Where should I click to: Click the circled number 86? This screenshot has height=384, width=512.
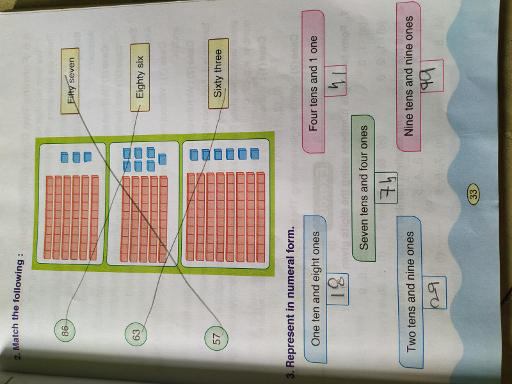pos(65,330)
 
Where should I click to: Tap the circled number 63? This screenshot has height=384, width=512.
pos(136,333)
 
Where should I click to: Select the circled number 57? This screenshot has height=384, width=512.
pos(216,338)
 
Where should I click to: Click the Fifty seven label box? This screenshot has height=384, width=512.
pos(70,81)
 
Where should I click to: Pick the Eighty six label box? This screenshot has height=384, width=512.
pos(140,77)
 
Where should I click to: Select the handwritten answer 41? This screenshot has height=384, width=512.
pos(335,81)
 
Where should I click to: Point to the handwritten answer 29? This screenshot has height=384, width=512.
pos(435,292)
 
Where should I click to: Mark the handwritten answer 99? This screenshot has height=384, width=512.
pos(431,76)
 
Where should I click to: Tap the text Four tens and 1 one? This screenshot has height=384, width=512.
pos(313,83)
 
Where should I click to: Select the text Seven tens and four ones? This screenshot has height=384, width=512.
pos(364,188)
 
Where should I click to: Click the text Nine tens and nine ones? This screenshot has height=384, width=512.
pos(408,76)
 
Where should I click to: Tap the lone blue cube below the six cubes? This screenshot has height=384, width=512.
pos(163,159)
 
